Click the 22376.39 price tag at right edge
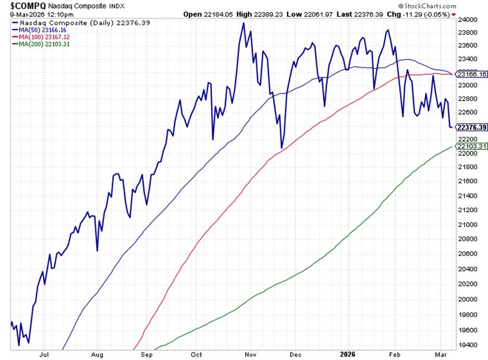point(471,127)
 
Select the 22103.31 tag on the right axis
point(471,147)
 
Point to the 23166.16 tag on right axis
point(471,74)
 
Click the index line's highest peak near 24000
point(243,23)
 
